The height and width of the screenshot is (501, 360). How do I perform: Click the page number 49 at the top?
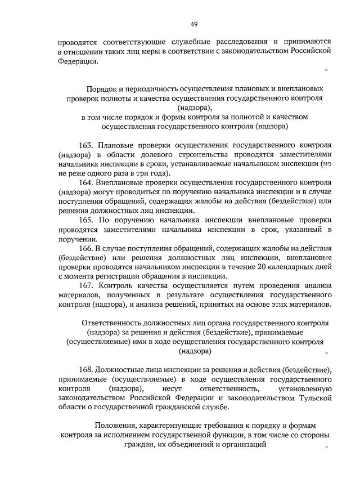click(193, 24)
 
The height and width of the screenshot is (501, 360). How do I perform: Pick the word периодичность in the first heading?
click(154, 89)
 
